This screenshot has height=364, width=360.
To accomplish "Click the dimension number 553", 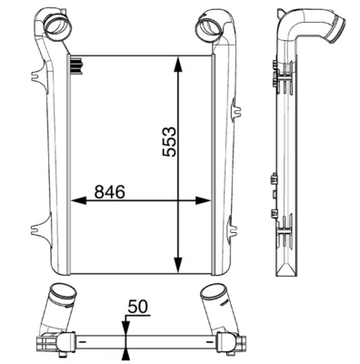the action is pos(169,142).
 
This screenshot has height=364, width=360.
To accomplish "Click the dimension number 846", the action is pos(109,192).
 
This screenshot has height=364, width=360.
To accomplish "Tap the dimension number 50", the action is pos(137,307).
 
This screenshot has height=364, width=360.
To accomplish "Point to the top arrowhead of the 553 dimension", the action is pos(178,66).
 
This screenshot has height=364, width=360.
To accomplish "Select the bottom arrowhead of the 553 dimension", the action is pos(178,265).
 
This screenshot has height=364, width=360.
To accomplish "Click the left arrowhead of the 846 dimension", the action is pos(79,200).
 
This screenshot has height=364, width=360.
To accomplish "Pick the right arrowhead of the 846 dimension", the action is pos(203,200).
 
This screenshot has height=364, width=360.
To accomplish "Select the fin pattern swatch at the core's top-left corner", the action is pos(77,66).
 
